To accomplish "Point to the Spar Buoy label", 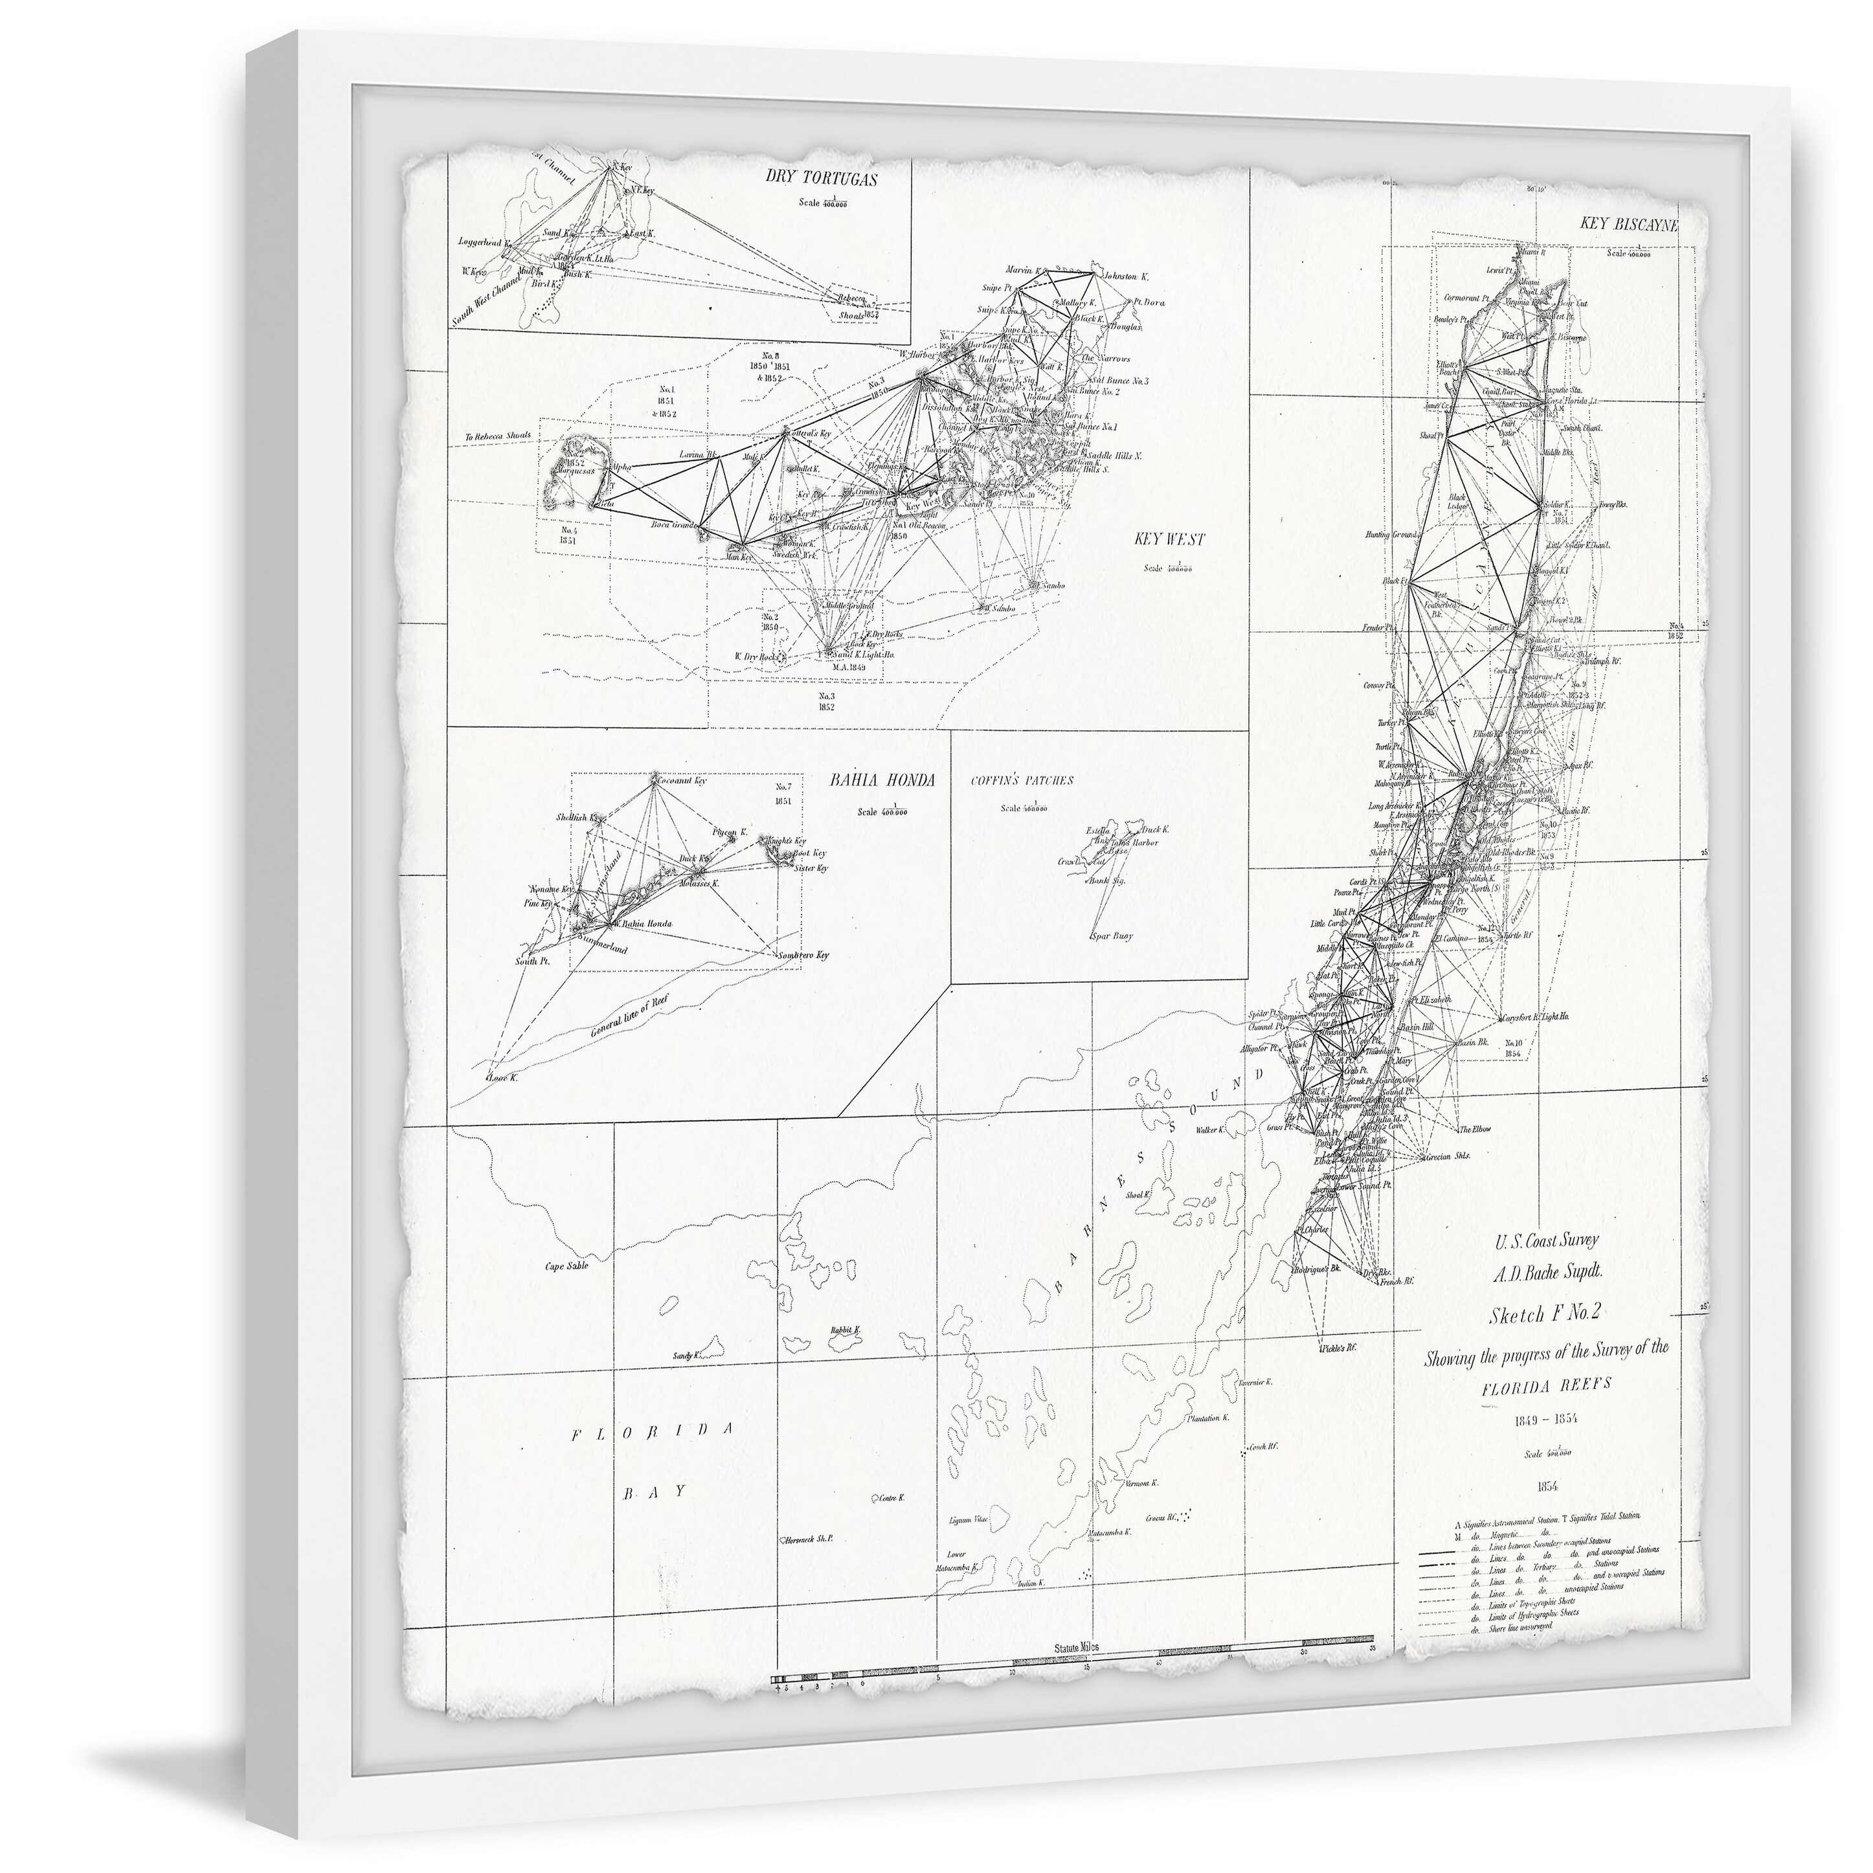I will coord(1111,936).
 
